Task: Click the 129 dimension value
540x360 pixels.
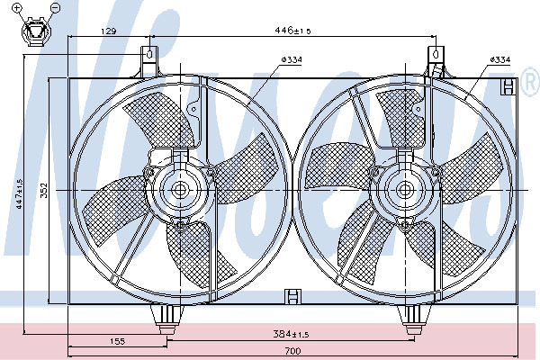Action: pos(109,31)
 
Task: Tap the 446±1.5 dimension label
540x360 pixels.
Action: pos(292,31)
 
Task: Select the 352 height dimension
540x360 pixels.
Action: pos(44,190)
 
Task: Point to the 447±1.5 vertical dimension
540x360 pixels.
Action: pos(19,193)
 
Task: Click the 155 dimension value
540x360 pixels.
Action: pos(117,341)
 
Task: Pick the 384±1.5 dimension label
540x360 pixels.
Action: pos(291,334)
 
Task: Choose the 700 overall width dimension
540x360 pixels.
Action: pos(292,351)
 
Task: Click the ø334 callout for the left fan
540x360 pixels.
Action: pos(292,60)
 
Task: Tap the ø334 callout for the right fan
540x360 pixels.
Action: pos(500,59)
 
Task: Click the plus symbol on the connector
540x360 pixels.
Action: pos(18,7)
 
